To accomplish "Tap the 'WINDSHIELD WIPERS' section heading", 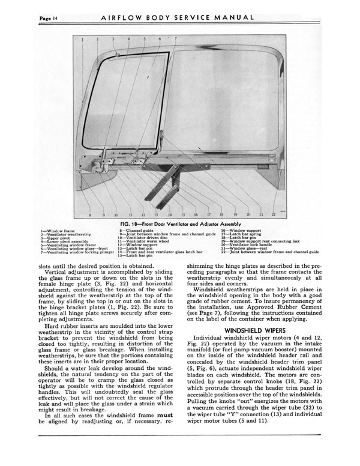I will [255, 330].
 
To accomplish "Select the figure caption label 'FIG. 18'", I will [131, 223].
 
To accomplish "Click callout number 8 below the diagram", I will [89, 214].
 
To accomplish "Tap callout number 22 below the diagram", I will [273, 214].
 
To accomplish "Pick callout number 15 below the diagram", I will [182, 214].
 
